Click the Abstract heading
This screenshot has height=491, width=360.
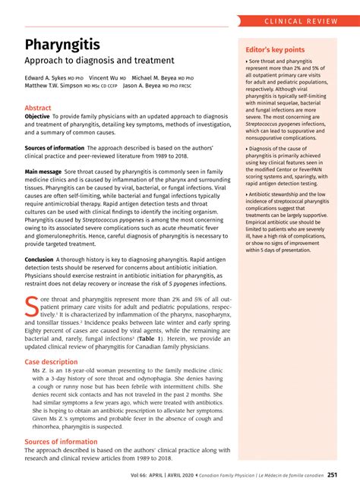[38, 109]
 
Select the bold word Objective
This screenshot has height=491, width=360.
[39, 117]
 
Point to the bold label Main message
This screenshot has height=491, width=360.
[43, 172]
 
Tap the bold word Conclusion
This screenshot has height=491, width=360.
[39, 259]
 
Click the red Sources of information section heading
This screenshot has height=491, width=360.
[61, 441]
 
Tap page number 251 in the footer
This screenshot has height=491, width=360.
[333, 476]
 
